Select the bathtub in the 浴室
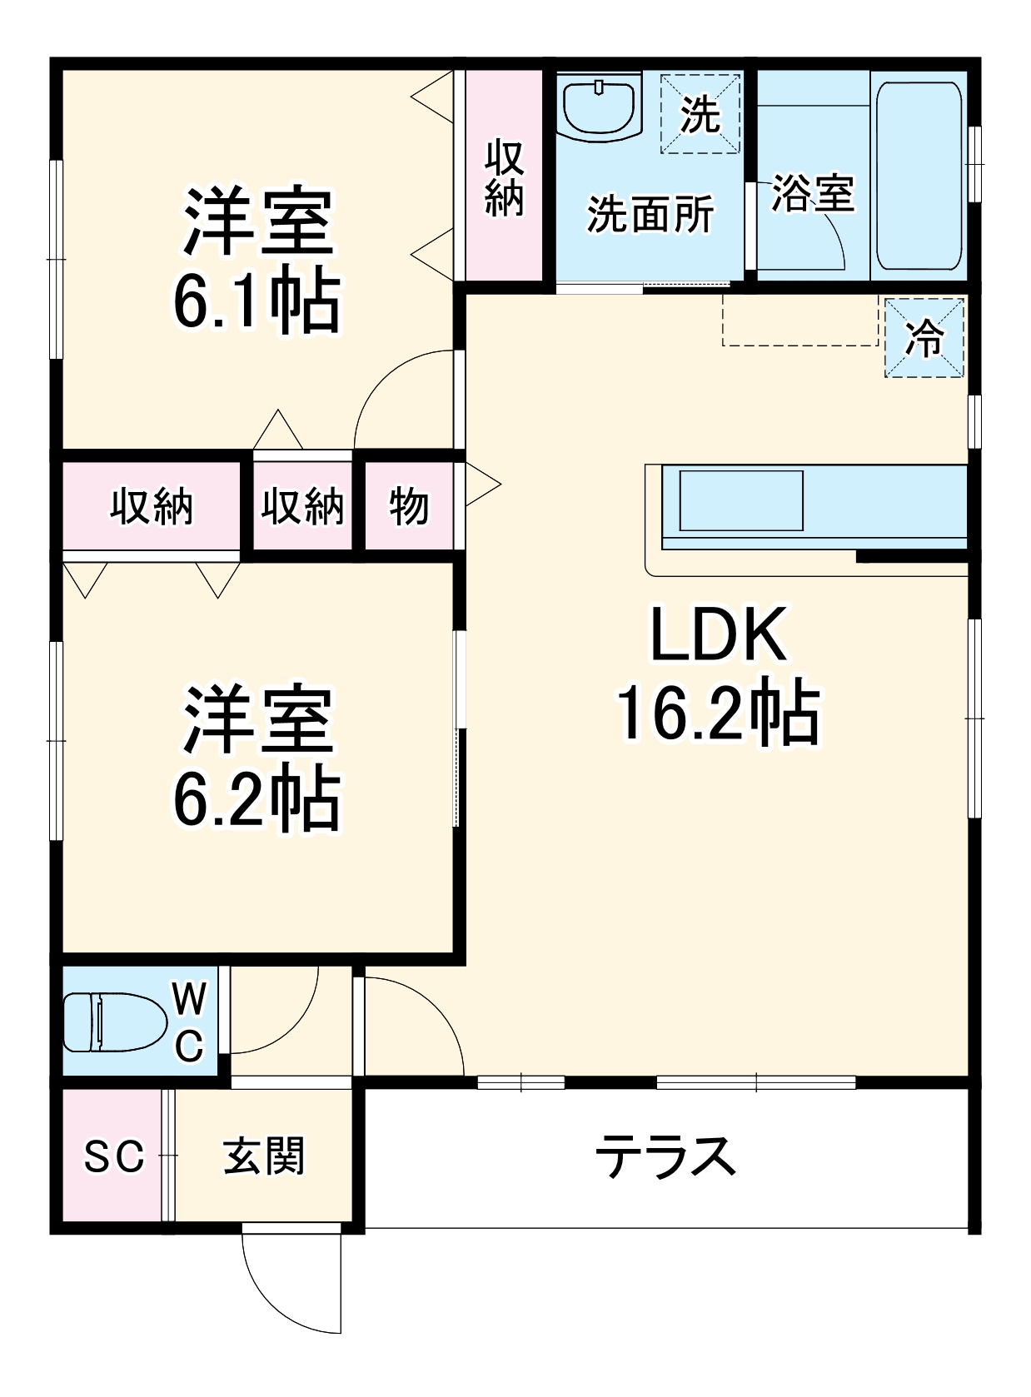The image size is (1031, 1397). pos(919,176)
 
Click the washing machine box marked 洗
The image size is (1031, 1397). pos(700,114)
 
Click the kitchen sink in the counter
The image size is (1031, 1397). pos(741,500)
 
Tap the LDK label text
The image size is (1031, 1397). pos(718,635)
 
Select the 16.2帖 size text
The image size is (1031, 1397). pos(718,713)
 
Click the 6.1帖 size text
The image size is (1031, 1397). pos(257,301)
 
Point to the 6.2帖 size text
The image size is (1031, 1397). pos(257,799)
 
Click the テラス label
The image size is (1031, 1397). pos(665,1156)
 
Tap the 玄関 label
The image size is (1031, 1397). pos(264,1156)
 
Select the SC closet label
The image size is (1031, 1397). pos(114,1156)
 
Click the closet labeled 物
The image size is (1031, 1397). pos(408,505)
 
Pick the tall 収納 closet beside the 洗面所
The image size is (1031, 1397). pos(504,176)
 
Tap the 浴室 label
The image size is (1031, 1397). pos(813,193)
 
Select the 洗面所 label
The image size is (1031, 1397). pos(650,215)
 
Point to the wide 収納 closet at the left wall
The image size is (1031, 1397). pos(152,505)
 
